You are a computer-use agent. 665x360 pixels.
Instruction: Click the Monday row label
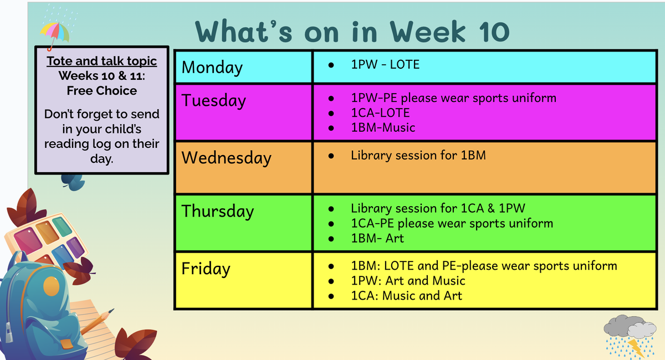click(212, 68)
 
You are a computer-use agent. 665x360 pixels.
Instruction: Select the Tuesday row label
click(214, 101)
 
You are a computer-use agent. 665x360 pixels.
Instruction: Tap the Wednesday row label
click(226, 158)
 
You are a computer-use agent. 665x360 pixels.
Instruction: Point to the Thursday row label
click(218, 212)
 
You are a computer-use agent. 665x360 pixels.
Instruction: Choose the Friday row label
click(206, 269)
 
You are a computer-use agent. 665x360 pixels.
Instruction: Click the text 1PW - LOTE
click(385, 64)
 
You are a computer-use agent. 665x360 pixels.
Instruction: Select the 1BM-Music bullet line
click(383, 127)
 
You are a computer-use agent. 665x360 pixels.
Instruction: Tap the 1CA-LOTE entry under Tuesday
click(380, 113)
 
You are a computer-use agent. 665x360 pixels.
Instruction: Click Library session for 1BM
click(418, 155)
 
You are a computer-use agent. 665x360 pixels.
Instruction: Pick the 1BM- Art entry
click(377, 238)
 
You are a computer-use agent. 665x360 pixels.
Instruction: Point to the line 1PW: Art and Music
click(408, 281)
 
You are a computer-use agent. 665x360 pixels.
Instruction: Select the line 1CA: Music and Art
click(406, 296)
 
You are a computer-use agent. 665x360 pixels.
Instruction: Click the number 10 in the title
click(494, 32)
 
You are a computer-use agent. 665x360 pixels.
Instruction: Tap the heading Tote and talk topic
click(102, 61)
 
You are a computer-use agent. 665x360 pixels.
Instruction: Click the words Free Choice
click(102, 90)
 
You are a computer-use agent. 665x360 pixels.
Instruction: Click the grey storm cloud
click(630, 326)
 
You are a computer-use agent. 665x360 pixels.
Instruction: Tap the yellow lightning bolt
click(637, 348)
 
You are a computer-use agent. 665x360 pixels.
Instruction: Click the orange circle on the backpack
click(52, 286)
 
